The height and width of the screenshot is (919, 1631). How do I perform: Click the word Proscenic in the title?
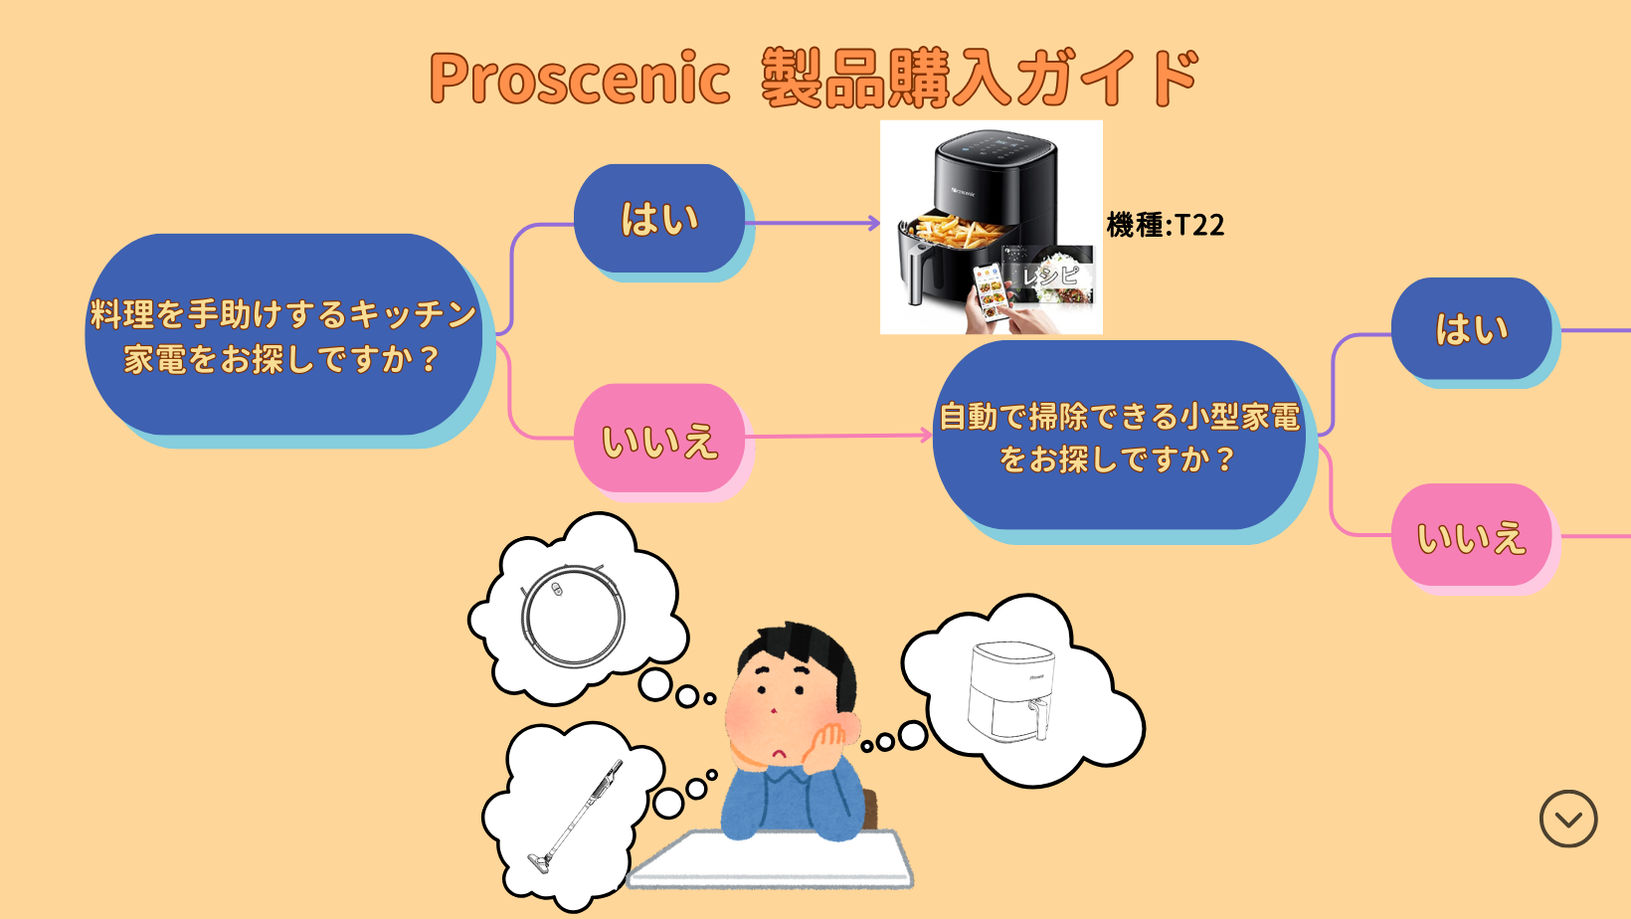point(580,80)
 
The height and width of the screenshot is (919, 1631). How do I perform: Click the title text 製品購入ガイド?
point(980,80)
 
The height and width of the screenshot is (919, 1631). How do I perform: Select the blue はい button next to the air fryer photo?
point(659,219)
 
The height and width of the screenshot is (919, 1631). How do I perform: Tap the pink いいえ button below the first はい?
point(659,440)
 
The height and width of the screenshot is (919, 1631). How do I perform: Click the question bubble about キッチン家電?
point(283,335)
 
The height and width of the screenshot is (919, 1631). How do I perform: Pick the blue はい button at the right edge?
point(1471,329)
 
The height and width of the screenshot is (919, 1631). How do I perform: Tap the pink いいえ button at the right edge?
point(1471,537)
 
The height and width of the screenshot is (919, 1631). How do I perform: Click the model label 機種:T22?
point(1166,225)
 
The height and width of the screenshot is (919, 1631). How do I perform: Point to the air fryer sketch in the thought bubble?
point(1009,692)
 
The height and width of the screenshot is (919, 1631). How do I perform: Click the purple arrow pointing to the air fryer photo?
point(815,223)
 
